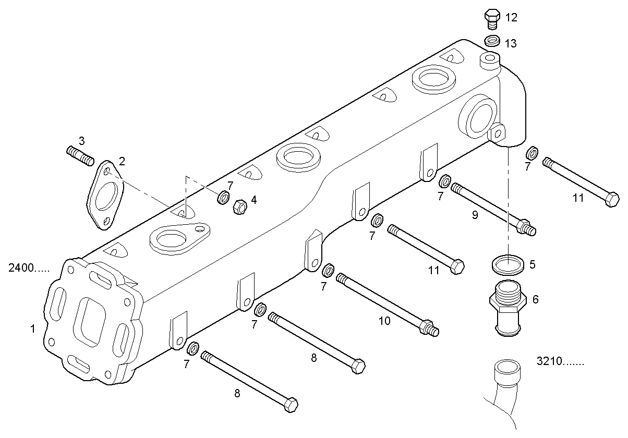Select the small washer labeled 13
pos(492,41)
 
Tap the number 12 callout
pos(511,18)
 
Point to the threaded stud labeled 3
pos(80,155)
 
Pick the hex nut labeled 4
pos(239,207)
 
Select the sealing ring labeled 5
pos(508,265)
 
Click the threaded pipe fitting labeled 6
pos(506,308)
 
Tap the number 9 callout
pos(475,214)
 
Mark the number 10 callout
pos(384,321)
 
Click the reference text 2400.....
pos(29,269)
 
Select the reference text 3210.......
pos(560,361)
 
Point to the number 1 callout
pos(32,329)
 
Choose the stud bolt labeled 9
pos(492,209)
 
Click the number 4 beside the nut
pos(253,200)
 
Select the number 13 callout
pos(511,44)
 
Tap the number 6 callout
pos(535,299)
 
